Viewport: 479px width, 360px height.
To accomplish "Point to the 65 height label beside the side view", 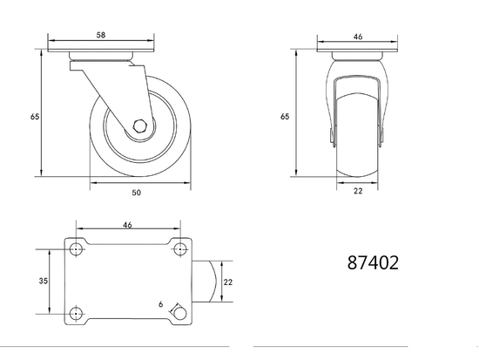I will pos(34,115).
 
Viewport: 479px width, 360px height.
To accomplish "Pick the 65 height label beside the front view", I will pos(285,115).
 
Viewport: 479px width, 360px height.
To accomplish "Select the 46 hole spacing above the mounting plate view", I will pos(127,225).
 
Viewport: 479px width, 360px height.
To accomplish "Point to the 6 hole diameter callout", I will pos(161,303).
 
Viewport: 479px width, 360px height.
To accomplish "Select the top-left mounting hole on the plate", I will pos(77,248).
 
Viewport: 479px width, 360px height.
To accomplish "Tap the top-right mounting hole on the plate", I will pos(179,248).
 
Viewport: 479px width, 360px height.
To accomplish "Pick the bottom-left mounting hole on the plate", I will pos(77,314).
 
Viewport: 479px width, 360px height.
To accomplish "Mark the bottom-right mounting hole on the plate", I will pos(179,313).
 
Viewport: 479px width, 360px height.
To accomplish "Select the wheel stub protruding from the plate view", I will pos(206,281).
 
